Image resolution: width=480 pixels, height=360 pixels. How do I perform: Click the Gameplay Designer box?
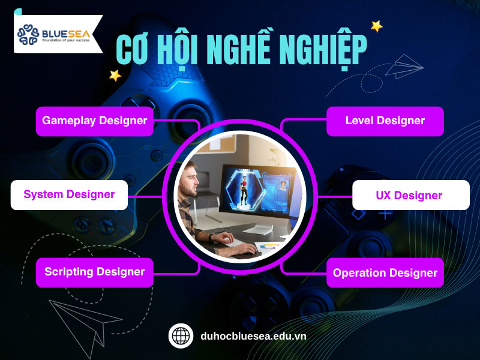coord(95,121)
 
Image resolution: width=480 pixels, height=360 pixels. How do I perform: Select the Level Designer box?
coord(385,121)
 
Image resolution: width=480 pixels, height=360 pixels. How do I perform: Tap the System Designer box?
coord(69,194)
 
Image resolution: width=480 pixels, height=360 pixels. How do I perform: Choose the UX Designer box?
coord(409,195)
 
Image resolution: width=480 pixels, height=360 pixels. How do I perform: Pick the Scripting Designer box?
coord(95,272)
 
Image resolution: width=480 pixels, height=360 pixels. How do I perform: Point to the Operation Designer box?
coord(385,273)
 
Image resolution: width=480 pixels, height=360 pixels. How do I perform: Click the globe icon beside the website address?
coord(181,335)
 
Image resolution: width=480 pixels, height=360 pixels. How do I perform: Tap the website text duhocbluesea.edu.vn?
coord(253,336)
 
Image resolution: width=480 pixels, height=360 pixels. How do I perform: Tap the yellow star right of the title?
coord(376,26)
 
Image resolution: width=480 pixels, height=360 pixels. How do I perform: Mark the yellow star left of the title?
coord(115,76)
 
